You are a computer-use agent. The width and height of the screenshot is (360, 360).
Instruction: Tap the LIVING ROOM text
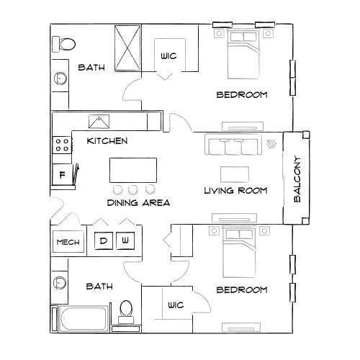coord(235,191)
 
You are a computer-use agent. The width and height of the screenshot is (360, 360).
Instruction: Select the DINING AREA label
coord(138,203)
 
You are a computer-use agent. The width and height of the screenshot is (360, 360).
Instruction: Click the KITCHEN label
coord(107,140)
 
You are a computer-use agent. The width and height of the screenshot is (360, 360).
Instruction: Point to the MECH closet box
coord(68,243)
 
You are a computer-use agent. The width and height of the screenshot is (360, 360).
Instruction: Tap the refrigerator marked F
coord(62,174)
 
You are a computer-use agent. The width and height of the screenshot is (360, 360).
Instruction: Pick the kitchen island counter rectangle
coord(133,171)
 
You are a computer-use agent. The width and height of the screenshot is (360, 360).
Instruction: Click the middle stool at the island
coord(133,189)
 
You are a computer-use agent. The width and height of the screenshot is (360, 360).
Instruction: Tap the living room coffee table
coord(235,174)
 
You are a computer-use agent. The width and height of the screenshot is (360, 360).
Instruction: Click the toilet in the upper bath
coord(63,44)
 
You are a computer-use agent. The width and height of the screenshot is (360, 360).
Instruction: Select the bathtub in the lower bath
coord(79,317)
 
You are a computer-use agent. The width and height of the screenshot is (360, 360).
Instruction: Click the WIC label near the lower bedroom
coord(176,305)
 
